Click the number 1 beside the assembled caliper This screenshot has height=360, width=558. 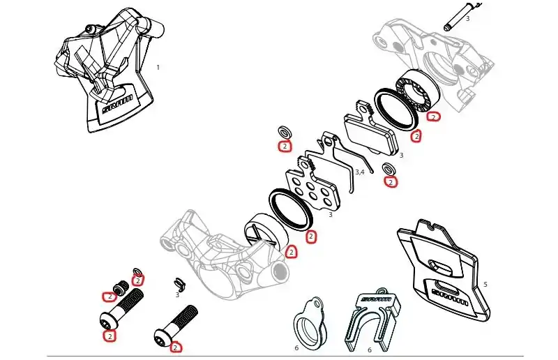coord(158,67)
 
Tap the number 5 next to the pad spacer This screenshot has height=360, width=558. coord(485,284)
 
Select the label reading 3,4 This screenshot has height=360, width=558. coord(360,172)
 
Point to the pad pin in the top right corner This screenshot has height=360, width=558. coord(462,17)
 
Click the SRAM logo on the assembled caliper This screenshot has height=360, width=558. coord(117,104)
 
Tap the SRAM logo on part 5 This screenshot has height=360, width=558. coord(450,297)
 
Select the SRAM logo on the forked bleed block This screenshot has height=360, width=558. coord(376,299)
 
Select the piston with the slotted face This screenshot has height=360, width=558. coord(265,231)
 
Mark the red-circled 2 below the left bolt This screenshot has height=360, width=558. coord(110,336)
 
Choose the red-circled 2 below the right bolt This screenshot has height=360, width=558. coord(176,347)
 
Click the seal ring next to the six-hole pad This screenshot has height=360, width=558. coord(291,209)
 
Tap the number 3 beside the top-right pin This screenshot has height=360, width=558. coord(467,19)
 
